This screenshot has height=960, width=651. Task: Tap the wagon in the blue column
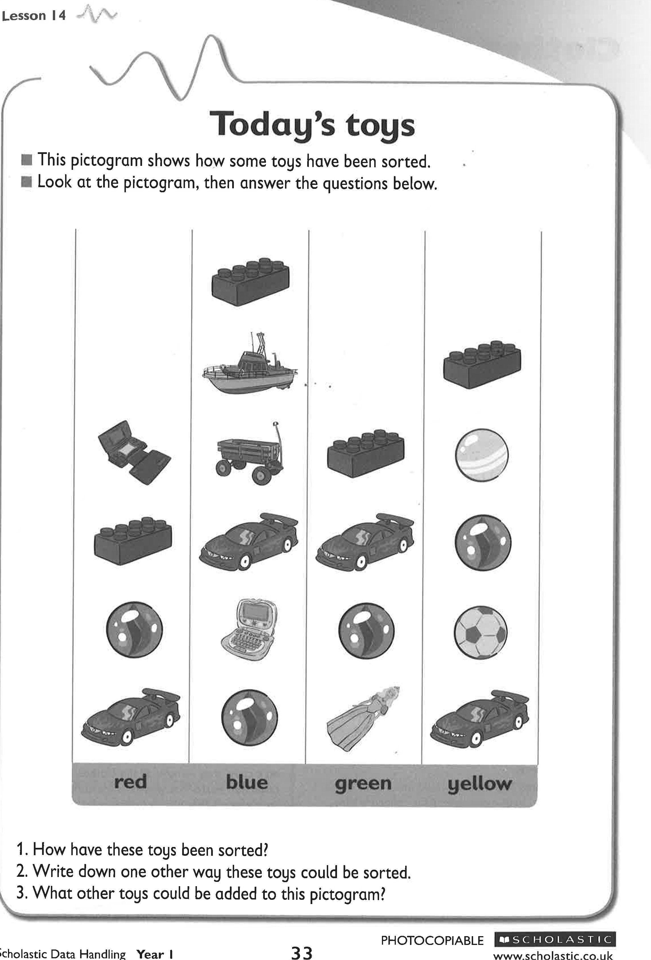pos(249,453)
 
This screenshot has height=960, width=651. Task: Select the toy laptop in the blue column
pos(249,630)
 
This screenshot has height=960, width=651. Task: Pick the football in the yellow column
pos(480,632)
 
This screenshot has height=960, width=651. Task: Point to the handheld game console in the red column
pos(133,452)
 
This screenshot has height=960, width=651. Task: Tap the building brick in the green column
pos(366,453)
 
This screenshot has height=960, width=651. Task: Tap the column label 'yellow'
pos(479,783)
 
